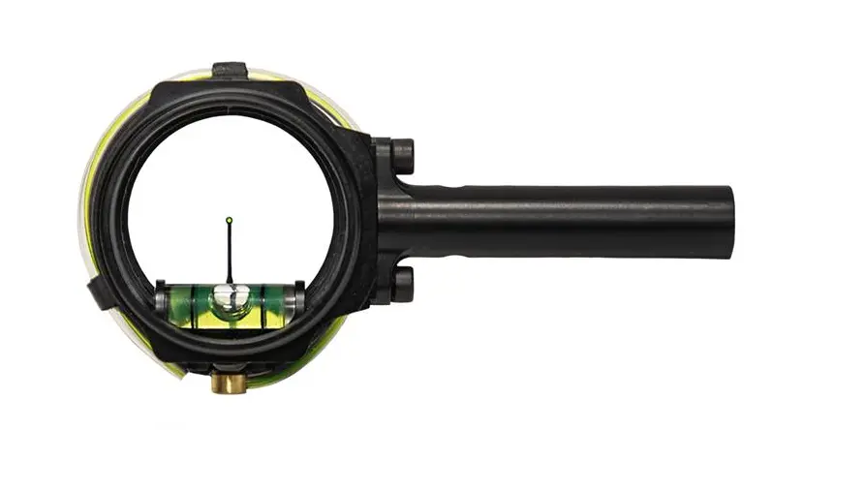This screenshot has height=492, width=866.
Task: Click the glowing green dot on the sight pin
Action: [x=229, y=220]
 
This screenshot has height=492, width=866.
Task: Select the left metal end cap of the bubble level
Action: [x=160, y=296]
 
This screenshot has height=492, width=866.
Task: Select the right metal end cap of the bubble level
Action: [x=298, y=296]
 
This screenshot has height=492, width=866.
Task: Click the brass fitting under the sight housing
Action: [x=229, y=383]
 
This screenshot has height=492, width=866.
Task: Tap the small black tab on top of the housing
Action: [x=230, y=71]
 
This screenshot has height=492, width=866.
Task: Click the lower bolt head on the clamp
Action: [x=402, y=285]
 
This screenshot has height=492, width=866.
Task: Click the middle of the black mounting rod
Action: [x=562, y=221]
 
